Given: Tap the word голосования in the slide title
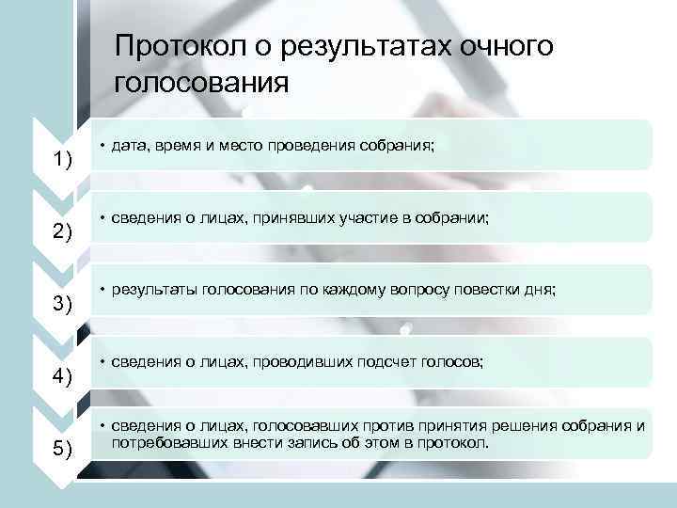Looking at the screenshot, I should pos(200,83).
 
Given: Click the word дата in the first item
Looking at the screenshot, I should pos(129,147).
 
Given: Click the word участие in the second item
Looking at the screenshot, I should pos(388,218).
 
